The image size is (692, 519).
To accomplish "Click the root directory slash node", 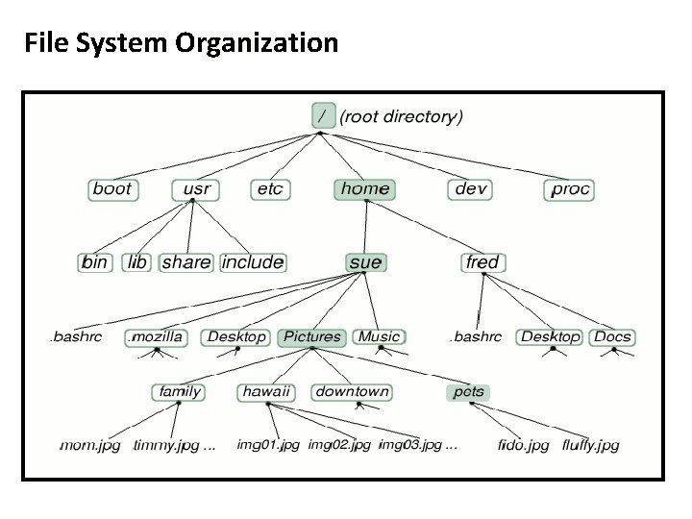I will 324,116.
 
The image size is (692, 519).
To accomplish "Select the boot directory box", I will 112,188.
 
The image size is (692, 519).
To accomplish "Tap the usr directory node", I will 196,188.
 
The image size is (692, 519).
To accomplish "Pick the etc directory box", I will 270,188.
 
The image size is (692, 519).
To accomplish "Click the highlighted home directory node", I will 365,188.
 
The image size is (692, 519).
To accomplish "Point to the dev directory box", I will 470,188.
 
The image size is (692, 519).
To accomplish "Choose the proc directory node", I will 570,188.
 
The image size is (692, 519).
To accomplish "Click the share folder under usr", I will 186,261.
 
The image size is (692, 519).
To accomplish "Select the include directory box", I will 253,261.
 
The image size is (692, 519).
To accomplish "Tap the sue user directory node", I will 365,261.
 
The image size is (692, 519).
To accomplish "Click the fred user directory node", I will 482,261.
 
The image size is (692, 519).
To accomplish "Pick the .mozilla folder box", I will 155,336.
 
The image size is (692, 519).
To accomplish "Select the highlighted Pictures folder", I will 311,336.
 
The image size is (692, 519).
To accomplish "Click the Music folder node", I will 379,336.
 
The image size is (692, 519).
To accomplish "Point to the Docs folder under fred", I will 612,336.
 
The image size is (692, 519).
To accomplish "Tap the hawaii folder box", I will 266,391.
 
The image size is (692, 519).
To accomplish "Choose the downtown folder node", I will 353,391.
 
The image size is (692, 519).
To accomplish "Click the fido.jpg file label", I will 524,445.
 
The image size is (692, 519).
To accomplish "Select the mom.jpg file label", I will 90,445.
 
